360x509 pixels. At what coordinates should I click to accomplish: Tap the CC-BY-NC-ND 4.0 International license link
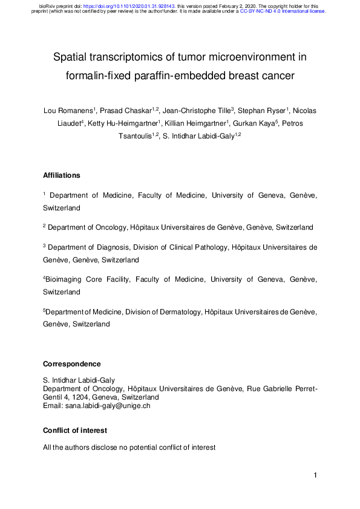coord(283,11)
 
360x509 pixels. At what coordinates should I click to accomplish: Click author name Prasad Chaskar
coord(127,111)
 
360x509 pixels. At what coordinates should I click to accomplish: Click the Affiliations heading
coord(62,175)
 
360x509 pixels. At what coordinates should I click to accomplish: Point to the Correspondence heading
coord(72,364)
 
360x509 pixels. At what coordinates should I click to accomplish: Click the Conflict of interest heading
coord(75,430)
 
